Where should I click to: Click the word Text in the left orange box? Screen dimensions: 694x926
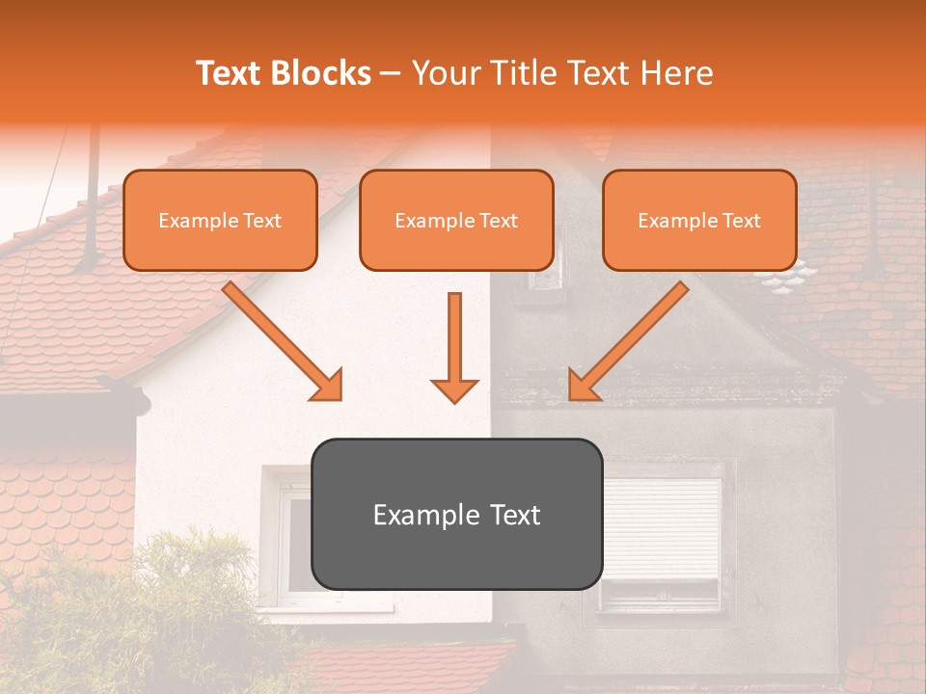(x=259, y=221)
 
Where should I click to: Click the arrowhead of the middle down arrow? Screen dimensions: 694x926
(x=454, y=390)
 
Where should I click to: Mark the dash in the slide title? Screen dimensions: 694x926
(x=391, y=73)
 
